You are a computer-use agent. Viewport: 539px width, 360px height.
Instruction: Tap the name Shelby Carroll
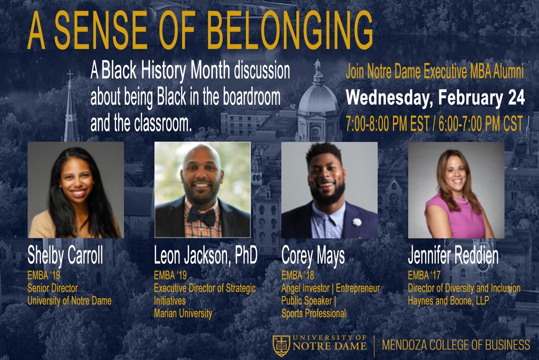[x=65, y=256]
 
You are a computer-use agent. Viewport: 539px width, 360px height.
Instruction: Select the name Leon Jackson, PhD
[x=205, y=256]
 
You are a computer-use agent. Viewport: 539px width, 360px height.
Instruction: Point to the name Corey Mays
[x=313, y=256]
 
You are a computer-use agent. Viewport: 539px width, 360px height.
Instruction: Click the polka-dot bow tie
[x=201, y=216]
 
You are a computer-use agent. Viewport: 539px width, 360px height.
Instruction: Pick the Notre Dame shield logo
[x=282, y=345]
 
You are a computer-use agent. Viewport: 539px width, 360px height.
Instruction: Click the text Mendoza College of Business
[x=456, y=345]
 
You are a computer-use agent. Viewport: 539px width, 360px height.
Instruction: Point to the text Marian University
[x=183, y=313]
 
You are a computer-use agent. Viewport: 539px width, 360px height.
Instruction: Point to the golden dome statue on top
[x=318, y=66]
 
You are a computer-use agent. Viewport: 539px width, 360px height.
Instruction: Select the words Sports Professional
[x=314, y=313]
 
